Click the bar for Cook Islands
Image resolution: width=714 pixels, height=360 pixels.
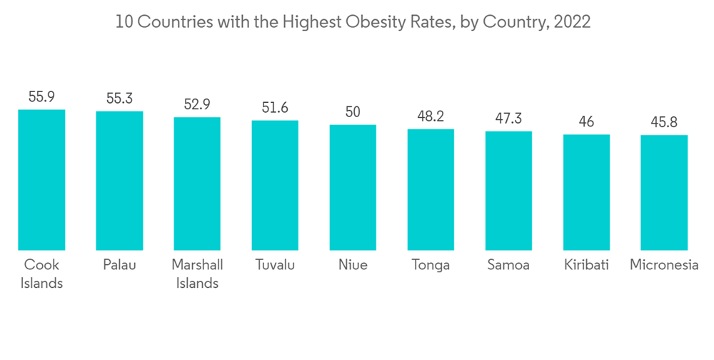[x=41, y=179]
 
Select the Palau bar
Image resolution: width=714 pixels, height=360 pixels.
[x=119, y=181]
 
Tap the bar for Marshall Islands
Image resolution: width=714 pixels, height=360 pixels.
[x=197, y=184]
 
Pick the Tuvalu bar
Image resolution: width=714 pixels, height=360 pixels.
[x=275, y=185]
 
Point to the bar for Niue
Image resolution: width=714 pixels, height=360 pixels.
[x=353, y=187]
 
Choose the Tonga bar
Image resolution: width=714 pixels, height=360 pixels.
[x=431, y=189]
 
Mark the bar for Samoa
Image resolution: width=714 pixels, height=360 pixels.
[x=508, y=191]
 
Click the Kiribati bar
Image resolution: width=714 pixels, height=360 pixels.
[x=586, y=192]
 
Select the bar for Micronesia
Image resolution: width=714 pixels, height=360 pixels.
[x=664, y=192]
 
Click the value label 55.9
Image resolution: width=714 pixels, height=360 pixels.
[x=41, y=97]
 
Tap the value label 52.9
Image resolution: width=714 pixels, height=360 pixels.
[x=197, y=104]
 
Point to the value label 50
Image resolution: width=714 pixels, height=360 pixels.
[x=353, y=112]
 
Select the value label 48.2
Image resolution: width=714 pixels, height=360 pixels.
[x=431, y=116]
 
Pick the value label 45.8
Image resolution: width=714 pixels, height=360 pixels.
[x=664, y=123]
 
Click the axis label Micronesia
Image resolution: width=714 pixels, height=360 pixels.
[x=664, y=265]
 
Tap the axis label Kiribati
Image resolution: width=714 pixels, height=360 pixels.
[x=586, y=265]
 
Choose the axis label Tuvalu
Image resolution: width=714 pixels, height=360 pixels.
[x=275, y=265]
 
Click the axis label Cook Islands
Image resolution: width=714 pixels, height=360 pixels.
[x=41, y=274]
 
